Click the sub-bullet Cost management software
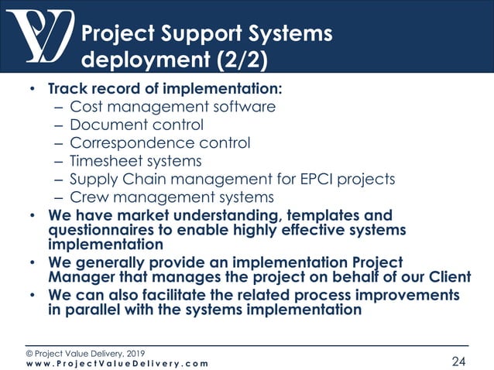[x=172, y=107]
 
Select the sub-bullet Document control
[x=136, y=125]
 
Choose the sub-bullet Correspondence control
[x=160, y=143]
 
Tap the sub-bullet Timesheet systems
[x=136, y=161]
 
